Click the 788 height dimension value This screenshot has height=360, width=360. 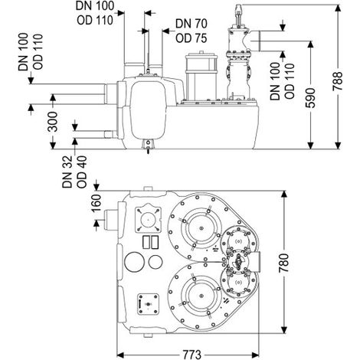coord(337,81)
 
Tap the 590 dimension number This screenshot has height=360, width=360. coord(310,98)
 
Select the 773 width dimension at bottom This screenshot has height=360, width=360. coord(191,355)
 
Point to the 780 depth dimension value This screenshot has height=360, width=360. coord(283,263)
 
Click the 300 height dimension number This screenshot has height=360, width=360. coord(53,122)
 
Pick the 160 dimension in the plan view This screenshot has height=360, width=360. coord(97,203)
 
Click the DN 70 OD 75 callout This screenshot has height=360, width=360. coord(191,31)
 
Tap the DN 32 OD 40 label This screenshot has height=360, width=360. coord(74,172)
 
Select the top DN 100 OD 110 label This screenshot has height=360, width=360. coord(95,13)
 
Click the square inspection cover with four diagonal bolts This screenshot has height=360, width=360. coord(148,218)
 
